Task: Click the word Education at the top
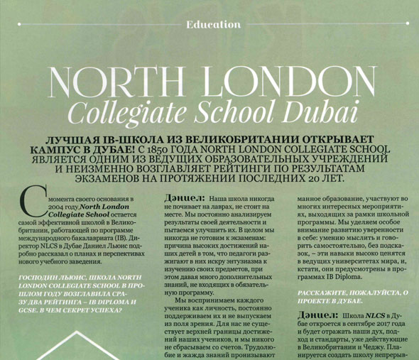pos(213,24)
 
